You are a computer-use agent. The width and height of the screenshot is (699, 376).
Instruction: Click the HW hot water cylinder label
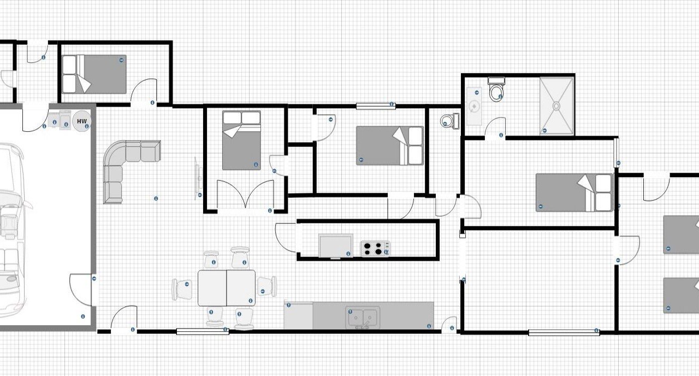coord(82,121)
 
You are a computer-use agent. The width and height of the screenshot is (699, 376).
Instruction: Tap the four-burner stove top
coord(375,248)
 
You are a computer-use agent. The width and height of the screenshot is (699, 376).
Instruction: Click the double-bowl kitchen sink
coord(363,318)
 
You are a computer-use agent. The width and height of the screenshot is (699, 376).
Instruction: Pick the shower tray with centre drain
coord(556,106)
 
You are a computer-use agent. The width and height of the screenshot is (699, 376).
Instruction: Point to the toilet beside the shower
coord(496,89)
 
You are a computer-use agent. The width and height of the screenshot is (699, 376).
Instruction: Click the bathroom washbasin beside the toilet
coord(475,106)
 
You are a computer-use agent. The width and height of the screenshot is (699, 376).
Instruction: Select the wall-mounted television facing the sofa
coord(198,178)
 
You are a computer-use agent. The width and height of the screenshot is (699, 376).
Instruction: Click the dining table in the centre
coord(227,288)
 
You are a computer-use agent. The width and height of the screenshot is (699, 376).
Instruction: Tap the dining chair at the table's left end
coord(182,290)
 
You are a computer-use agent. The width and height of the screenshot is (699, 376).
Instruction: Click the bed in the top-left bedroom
coord(94,74)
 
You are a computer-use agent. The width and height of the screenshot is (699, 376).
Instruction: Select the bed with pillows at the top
coord(241,140)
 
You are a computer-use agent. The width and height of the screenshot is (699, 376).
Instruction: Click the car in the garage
coord(12,230)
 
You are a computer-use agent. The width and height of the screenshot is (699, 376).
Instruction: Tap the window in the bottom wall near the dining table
coord(203,332)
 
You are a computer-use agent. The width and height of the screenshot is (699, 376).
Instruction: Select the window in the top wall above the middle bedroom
coord(376,106)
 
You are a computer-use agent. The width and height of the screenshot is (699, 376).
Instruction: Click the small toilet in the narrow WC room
coord(449,121)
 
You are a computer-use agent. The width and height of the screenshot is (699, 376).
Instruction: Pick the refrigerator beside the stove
coord(336,246)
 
